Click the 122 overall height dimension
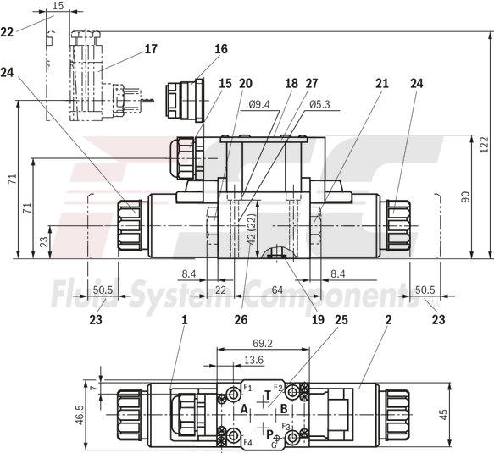(484, 145)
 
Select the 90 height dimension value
(465, 196)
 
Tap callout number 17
(150, 49)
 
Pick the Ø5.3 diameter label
(319, 105)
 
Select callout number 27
(311, 83)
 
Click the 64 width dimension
(276, 290)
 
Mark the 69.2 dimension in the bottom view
(263, 344)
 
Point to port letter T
(268, 395)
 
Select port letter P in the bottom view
(269, 434)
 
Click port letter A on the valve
(244, 409)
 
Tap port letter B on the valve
(284, 409)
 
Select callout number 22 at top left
(7, 31)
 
